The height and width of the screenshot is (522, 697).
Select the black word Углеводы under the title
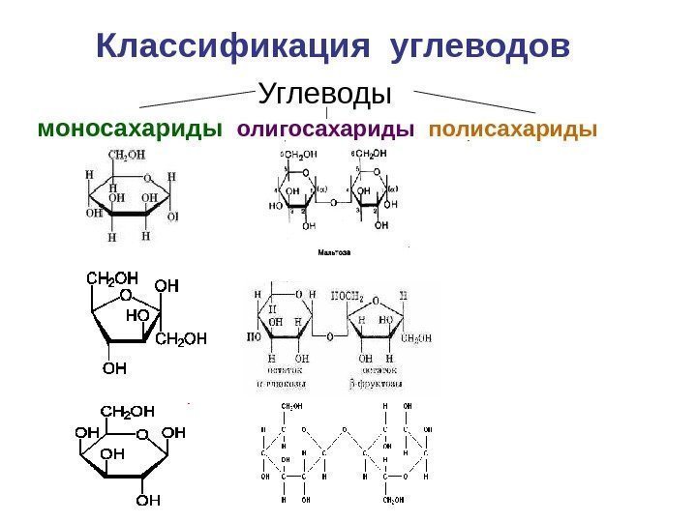coord(324,95)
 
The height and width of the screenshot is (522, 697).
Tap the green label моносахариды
coord(129,129)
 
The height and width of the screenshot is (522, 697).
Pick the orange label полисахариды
coord(512,129)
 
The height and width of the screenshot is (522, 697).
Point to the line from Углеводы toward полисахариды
coord(474,101)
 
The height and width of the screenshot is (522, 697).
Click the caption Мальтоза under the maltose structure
coord(334,252)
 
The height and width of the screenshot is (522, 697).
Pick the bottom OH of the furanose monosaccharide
coord(114,367)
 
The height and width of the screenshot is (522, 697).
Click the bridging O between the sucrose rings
coord(329,337)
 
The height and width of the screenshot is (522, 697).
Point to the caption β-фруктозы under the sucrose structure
coord(379,382)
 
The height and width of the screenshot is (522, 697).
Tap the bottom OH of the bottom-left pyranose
coord(147,500)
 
